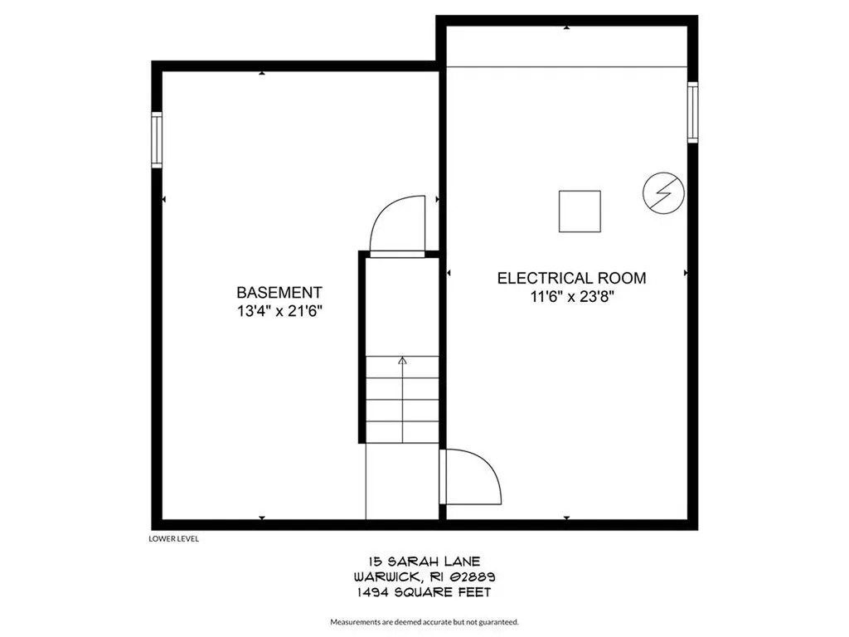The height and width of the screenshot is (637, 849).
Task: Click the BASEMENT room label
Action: [279, 293]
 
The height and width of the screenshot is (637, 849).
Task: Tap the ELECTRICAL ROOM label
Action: [571, 279]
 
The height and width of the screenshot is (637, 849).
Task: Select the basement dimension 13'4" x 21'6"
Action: [279, 312]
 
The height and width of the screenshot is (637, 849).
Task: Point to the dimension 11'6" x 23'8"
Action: [571, 297]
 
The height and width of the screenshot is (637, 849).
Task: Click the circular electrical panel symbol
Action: [663, 194]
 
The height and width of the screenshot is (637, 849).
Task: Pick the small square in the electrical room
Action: [580, 211]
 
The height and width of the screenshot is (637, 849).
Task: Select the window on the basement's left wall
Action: [156, 141]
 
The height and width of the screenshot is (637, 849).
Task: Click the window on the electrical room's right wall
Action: [692, 112]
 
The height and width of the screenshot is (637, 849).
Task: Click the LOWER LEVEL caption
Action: [173, 538]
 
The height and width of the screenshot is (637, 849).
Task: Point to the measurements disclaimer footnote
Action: [424, 621]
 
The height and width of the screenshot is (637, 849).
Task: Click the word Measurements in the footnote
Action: [356, 621]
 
